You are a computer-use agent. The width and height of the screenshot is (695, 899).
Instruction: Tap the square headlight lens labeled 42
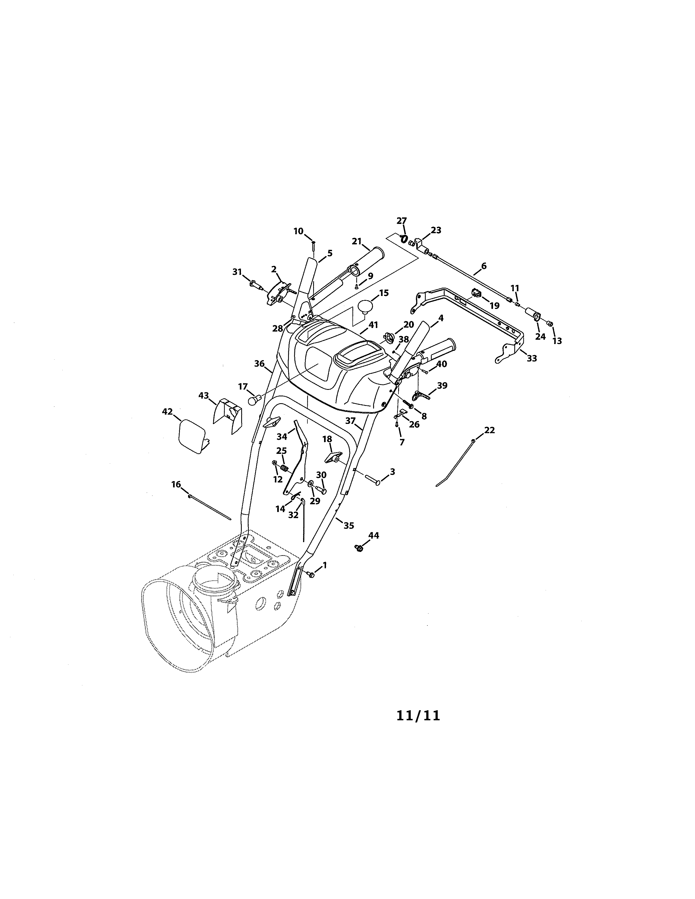click(192, 436)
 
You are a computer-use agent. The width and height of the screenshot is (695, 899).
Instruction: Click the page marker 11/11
click(418, 715)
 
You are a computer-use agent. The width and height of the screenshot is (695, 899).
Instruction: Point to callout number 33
click(532, 359)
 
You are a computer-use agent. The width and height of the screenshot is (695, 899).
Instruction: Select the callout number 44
click(373, 536)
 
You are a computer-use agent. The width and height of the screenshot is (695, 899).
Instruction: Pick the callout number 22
click(489, 430)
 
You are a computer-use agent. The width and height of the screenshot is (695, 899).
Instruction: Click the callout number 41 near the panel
click(373, 325)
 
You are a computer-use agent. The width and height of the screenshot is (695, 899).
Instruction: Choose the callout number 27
click(401, 221)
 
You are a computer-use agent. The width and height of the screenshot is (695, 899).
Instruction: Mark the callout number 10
click(298, 231)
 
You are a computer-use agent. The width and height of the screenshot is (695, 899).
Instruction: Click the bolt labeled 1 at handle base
click(312, 575)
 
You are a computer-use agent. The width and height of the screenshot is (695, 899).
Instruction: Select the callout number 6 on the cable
click(484, 266)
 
